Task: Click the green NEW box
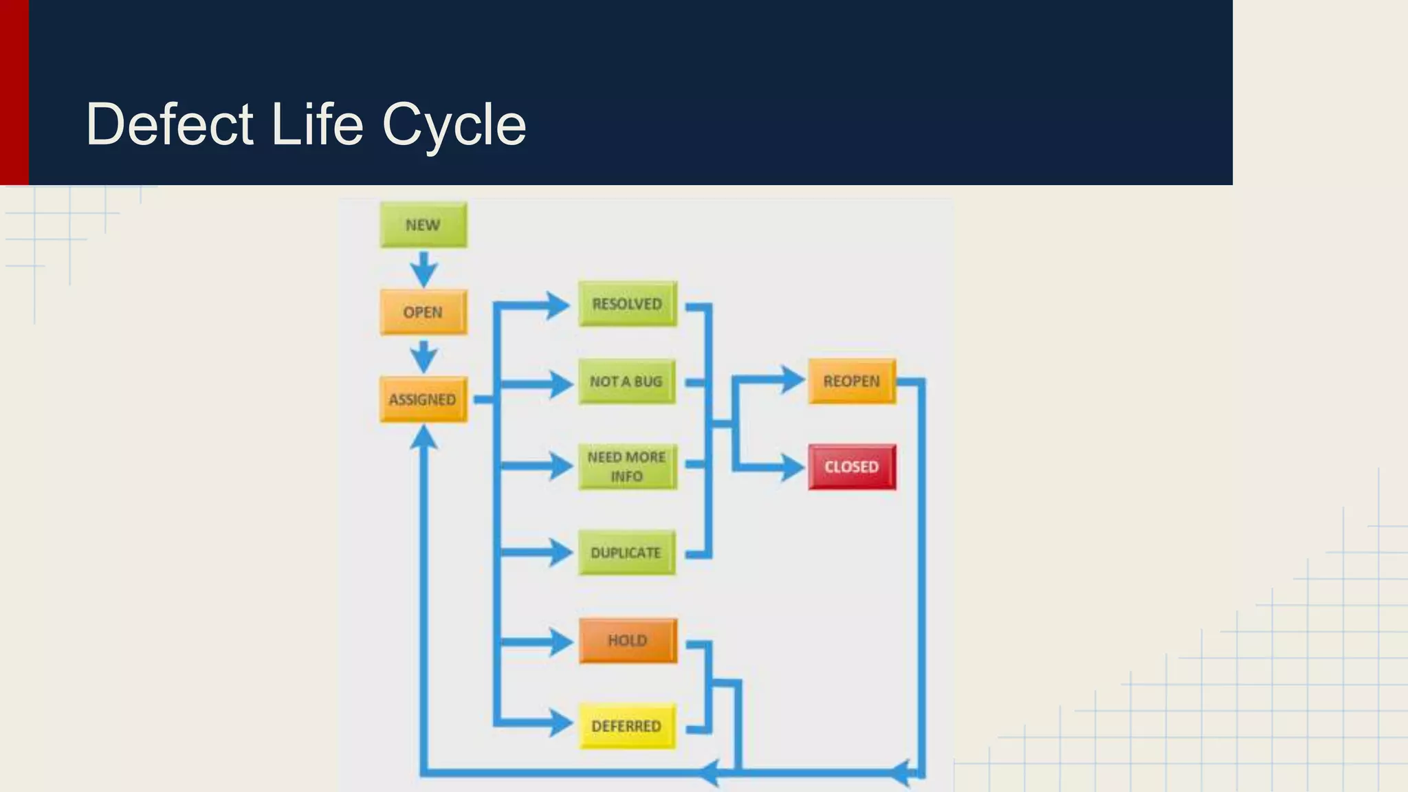pyautogui.click(x=423, y=225)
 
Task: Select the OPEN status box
pyautogui.click(x=423, y=312)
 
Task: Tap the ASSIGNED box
pyautogui.click(x=423, y=399)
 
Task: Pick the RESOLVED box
pyautogui.click(x=627, y=304)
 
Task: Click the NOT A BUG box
pyautogui.click(x=626, y=382)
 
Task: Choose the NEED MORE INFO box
pyautogui.click(x=627, y=467)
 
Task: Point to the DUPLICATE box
pyautogui.click(x=626, y=553)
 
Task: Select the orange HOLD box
pyautogui.click(x=628, y=641)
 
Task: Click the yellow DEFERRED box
pyautogui.click(x=626, y=726)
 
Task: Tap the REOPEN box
pyautogui.click(x=851, y=381)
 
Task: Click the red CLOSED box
pyautogui.click(x=852, y=467)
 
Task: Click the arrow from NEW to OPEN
pyautogui.click(x=423, y=269)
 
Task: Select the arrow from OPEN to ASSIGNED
pyautogui.click(x=423, y=357)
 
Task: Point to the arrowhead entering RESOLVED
pyautogui.click(x=557, y=305)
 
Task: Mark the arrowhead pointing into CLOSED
pyautogui.click(x=792, y=468)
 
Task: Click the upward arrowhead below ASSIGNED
pyautogui.click(x=423, y=439)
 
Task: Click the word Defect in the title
pyautogui.click(x=170, y=124)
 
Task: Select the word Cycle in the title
pyautogui.click(x=454, y=124)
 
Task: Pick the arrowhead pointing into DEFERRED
pyautogui.click(x=560, y=723)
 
